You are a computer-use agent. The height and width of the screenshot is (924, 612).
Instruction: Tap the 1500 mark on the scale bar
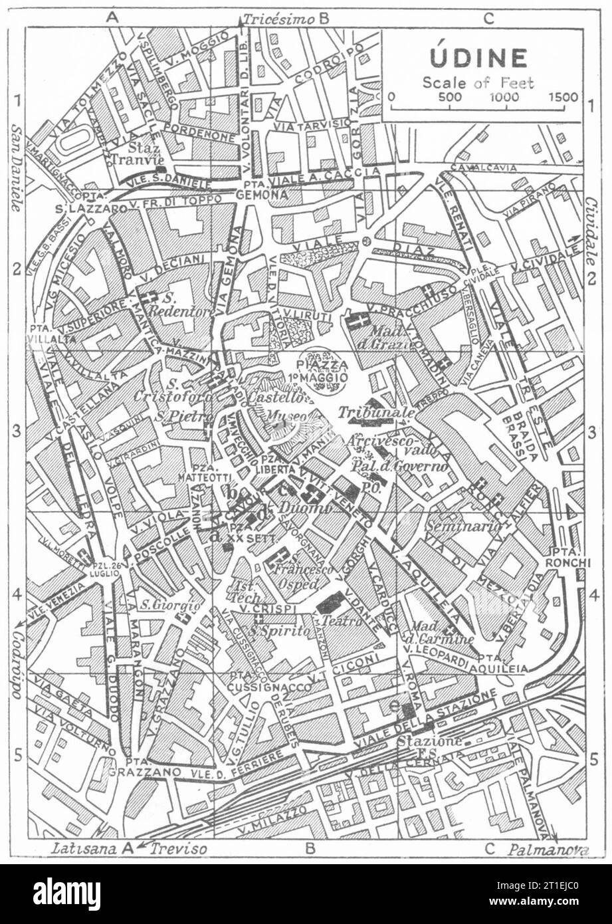[563, 97]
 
